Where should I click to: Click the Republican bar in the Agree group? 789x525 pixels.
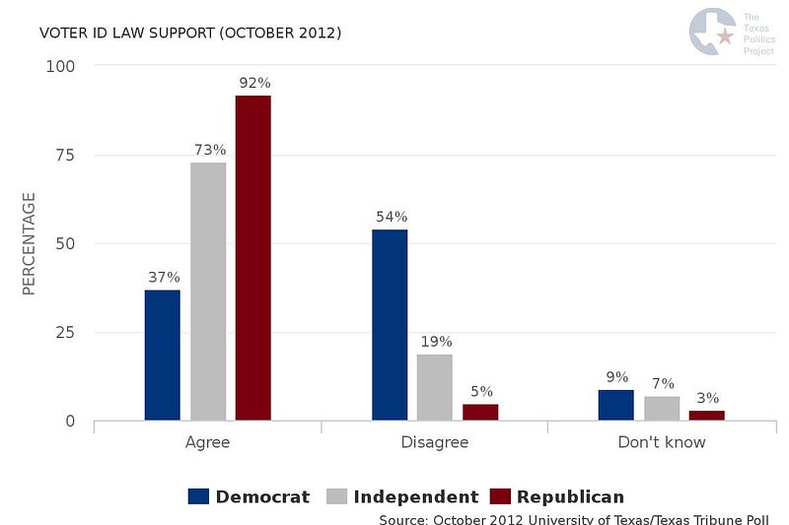pos(253,258)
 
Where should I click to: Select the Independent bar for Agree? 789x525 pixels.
pos(208,292)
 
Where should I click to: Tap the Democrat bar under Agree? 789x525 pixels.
pos(163,356)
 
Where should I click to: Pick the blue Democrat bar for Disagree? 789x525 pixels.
pos(390,325)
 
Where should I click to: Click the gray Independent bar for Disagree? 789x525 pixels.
pos(435,387)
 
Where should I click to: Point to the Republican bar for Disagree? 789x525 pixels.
pos(480,413)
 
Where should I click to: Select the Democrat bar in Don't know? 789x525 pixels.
pos(616,405)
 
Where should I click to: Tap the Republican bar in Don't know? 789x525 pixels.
pos(707,416)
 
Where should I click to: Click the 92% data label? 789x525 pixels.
pos(255,83)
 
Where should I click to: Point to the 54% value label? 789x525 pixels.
pos(392,217)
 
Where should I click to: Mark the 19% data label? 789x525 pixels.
pos(436,342)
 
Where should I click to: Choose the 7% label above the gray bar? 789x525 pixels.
pos(663,384)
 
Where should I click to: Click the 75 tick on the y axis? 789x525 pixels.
pos(65,156)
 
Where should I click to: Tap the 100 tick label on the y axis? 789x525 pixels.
pos(60,66)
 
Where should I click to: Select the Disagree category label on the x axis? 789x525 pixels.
pos(435,442)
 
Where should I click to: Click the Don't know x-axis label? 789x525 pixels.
pos(662,442)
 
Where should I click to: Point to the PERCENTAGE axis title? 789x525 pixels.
pos(29,243)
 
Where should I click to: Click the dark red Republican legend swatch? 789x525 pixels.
pos(500,496)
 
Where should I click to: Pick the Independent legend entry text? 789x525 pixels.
pos(416,496)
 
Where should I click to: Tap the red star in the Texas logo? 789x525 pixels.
pos(725,35)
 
